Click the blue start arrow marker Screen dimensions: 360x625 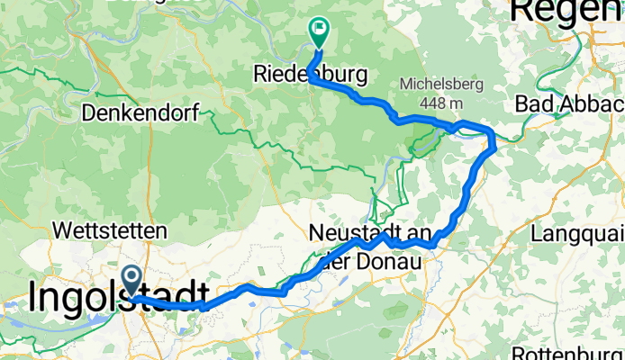131,279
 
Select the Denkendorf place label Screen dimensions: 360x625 145,113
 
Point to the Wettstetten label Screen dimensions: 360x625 110,231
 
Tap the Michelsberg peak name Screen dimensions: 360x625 442,85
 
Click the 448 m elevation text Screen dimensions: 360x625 442,101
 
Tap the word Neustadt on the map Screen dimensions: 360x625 348,233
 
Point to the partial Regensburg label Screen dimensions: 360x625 567,11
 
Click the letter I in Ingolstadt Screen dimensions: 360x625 34,297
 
